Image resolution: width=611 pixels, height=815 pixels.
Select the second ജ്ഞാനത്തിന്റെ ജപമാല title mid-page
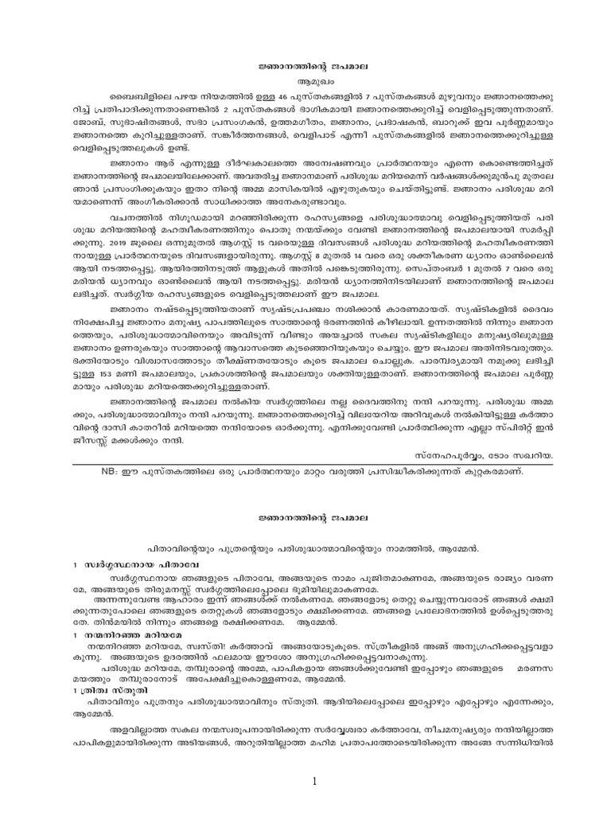pyautogui.click(x=305, y=517)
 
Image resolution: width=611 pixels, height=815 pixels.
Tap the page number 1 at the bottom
pyautogui.click(x=316, y=759)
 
